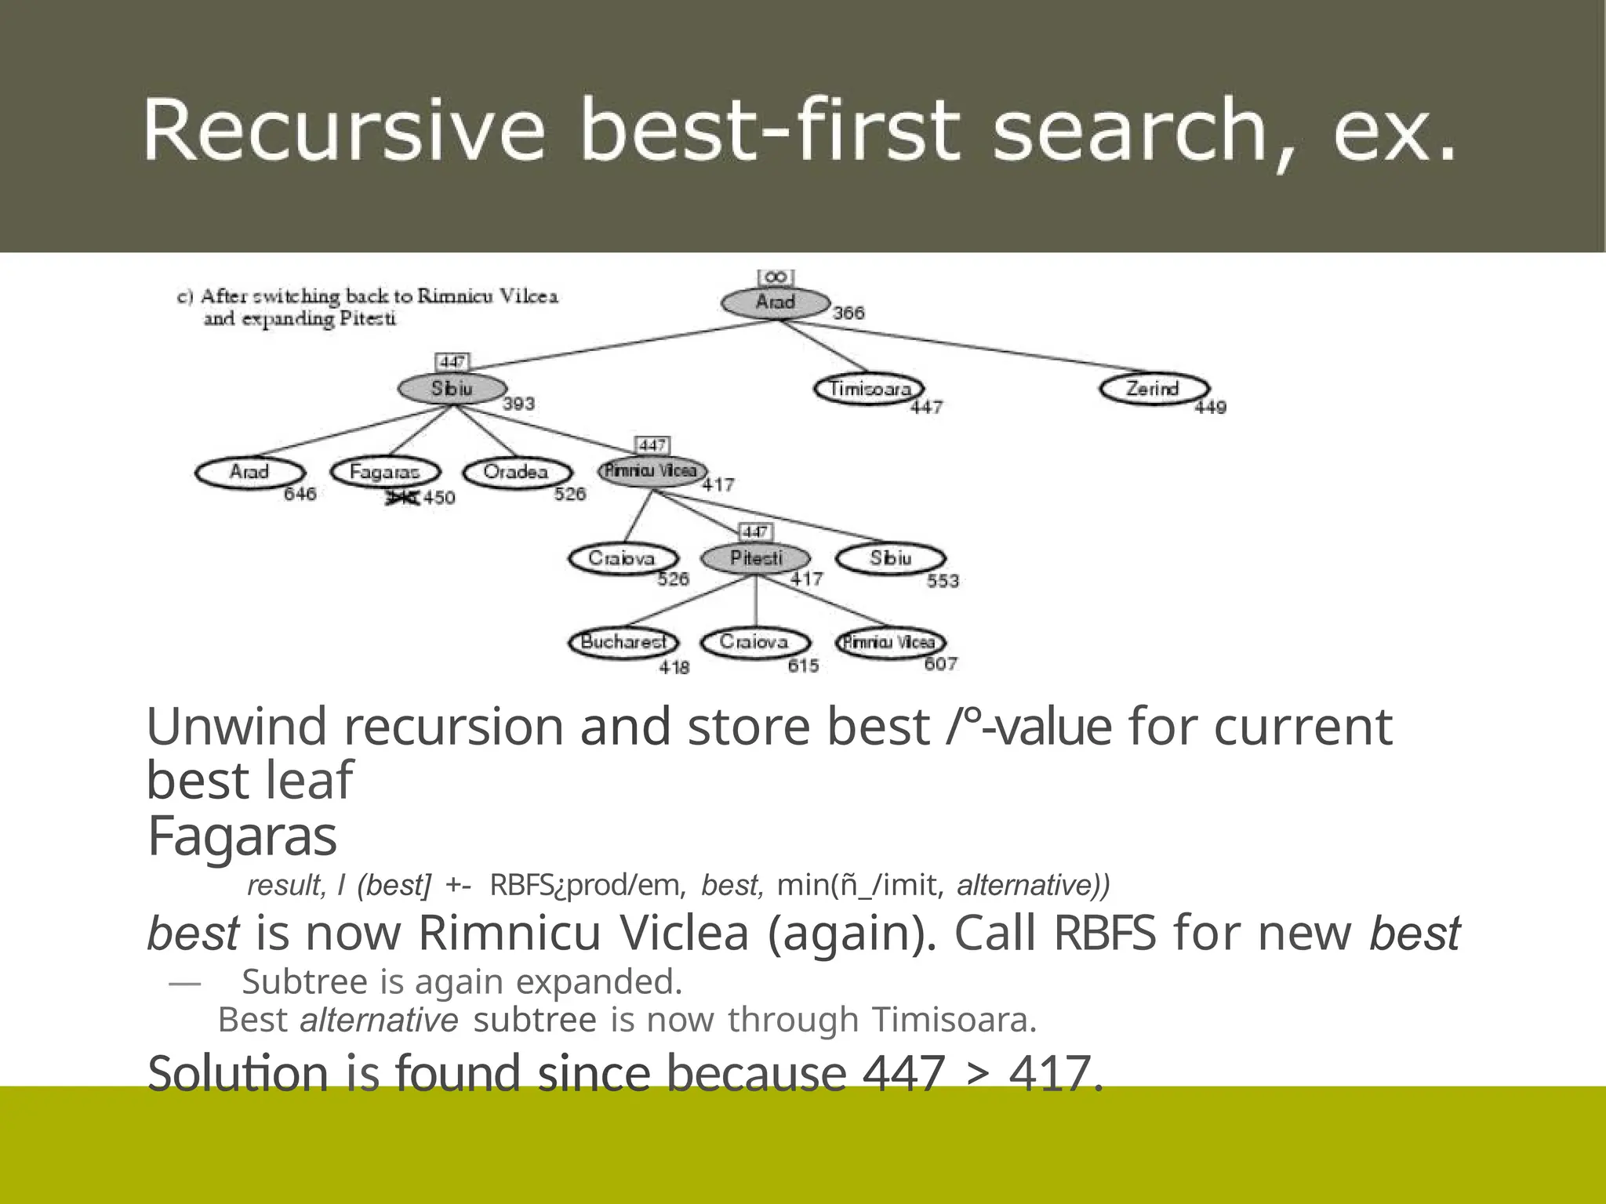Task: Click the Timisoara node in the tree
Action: [x=869, y=389]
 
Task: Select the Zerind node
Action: [x=1153, y=389]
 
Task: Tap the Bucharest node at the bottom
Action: [x=623, y=642]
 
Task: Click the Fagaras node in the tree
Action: [x=384, y=472]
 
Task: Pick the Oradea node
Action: [x=516, y=472]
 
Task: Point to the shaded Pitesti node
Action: [x=756, y=558]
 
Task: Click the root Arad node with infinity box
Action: [x=776, y=303]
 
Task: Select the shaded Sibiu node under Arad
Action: [x=452, y=389]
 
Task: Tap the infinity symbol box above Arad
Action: [x=776, y=277]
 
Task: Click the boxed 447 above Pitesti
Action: [x=755, y=532]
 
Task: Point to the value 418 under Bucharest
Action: [x=674, y=667]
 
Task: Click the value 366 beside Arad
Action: [x=848, y=313]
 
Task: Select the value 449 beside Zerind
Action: [x=1210, y=407]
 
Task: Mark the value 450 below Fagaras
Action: [x=439, y=498]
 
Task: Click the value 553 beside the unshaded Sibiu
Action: [x=943, y=581]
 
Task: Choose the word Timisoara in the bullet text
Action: [x=954, y=1020]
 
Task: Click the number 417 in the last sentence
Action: [x=1056, y=1073]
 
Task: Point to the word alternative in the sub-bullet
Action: [x=379, y=1020]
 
